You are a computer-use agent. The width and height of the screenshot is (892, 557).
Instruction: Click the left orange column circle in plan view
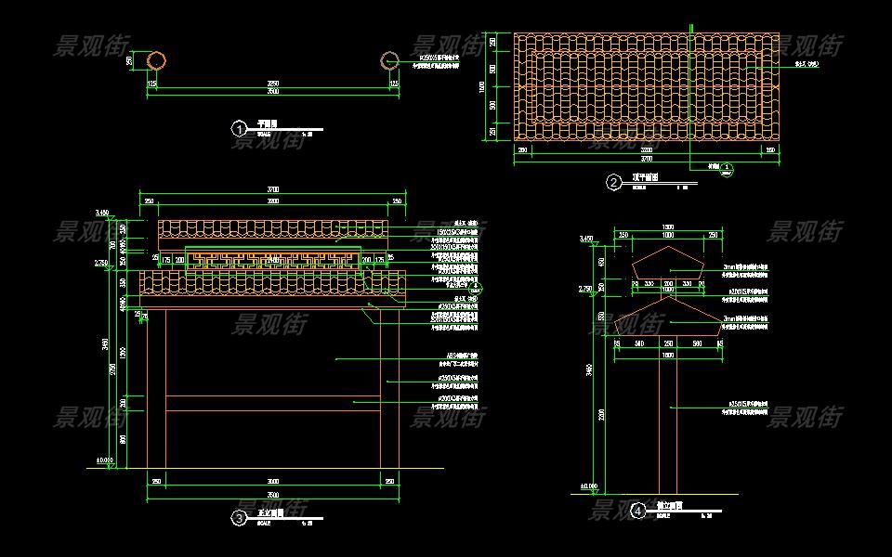(x=157, y=60)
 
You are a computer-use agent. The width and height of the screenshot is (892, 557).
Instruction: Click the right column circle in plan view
(x=389, y=60)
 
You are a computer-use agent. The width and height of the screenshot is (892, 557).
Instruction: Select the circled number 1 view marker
(x=239, y=128)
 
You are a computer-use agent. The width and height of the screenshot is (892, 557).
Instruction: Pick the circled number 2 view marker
(x=614, y=182)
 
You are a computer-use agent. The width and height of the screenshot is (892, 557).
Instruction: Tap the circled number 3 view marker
(x=239, y=518)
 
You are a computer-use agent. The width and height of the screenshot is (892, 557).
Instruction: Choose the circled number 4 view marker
(x=638, y=511)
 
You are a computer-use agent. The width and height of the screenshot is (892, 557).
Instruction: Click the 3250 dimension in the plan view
(x=273, y=84)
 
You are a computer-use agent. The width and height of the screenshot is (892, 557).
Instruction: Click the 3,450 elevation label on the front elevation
(x=102, y=214)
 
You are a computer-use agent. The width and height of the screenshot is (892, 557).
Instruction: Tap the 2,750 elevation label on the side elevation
(x=585, y=289)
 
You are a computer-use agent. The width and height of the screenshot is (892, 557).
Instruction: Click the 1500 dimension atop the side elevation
(x=667, y=227)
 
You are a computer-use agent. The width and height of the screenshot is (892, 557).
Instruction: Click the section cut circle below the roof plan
(x=727, y=170)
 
